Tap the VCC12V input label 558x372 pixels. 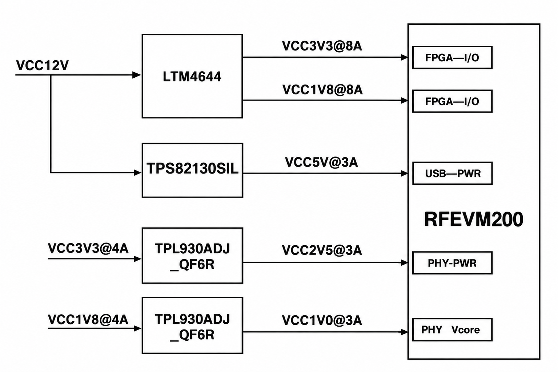[42, 65]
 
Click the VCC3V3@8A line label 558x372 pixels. [322, 46]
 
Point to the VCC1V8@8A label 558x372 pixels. [322, 90]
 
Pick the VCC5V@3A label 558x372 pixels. [321, 162]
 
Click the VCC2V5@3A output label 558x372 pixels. [322, 250]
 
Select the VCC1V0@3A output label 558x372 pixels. [322, 320]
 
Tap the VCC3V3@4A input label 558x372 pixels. [88, 248]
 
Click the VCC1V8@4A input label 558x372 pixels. [88, 319]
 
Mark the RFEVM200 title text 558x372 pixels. [474, 219]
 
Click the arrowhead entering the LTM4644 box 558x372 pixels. [137, 75]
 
